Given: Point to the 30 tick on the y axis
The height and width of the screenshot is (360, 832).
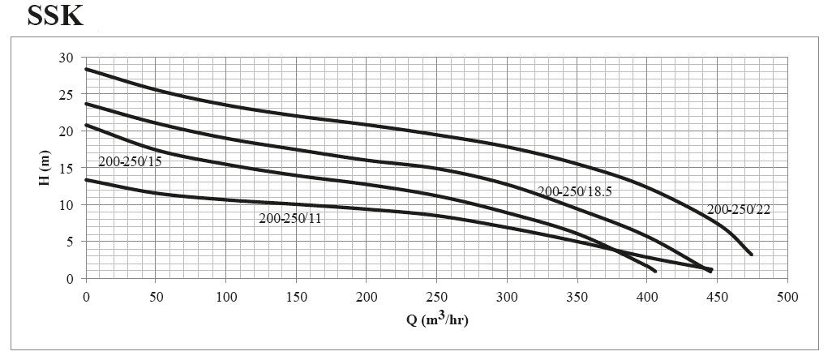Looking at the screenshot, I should pos(66,58).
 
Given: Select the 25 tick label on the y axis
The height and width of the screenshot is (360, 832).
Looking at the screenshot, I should pos(66,95).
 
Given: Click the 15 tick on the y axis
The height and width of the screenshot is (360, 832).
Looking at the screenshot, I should pos(66,168).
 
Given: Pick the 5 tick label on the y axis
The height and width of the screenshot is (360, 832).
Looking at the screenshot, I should pos(70,242).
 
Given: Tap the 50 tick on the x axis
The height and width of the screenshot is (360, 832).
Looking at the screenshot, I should pos(157,297).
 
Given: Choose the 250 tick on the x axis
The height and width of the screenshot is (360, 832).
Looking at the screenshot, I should pos(437,297).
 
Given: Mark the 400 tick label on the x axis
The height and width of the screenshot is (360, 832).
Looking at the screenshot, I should pos(648,297).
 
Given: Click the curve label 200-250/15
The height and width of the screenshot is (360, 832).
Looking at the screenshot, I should pos(130,162).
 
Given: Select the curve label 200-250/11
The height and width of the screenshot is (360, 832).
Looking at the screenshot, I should pos(290,218).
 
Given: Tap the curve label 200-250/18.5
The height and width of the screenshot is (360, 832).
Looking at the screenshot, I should pos(574,191).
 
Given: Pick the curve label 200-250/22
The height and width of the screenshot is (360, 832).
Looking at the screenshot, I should pos(739,209).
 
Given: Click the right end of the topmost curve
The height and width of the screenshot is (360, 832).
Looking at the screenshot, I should pos(752,255).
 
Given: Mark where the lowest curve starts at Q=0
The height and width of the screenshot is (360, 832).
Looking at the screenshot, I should pos(87,180).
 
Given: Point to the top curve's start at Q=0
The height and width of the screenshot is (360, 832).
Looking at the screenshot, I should pos(87,69).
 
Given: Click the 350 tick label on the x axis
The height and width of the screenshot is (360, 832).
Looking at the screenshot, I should pos(577,297).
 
